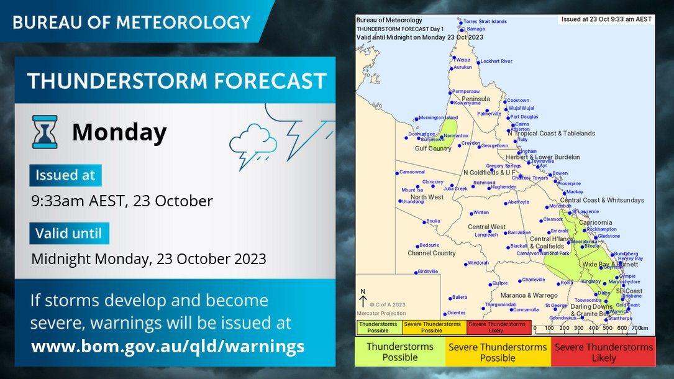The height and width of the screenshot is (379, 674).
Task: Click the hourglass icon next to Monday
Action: point(45,132)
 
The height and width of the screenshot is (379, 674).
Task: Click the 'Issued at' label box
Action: point(65,176)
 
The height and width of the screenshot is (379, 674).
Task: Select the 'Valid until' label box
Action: point(69,234)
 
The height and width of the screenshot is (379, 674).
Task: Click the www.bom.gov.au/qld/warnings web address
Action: point(168,346)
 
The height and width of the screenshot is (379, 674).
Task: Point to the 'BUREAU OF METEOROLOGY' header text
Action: point(132,22)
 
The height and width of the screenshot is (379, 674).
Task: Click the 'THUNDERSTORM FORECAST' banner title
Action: point(176,81)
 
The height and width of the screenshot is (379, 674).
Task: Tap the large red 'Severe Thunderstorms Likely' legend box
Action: point(604,352)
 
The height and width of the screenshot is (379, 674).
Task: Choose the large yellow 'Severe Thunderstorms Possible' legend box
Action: point(498,352)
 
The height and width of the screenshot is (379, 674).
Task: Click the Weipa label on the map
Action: point(463,60)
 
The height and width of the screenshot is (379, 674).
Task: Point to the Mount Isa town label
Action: point(412,190)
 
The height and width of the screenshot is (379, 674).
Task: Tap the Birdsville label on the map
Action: point(427,272)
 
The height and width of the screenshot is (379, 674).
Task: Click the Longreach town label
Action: point(486,235)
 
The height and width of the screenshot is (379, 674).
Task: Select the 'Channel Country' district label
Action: point(431,253)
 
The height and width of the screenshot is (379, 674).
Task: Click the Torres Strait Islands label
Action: point(485,22)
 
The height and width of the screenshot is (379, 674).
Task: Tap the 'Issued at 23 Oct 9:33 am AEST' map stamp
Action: point(606,19)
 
